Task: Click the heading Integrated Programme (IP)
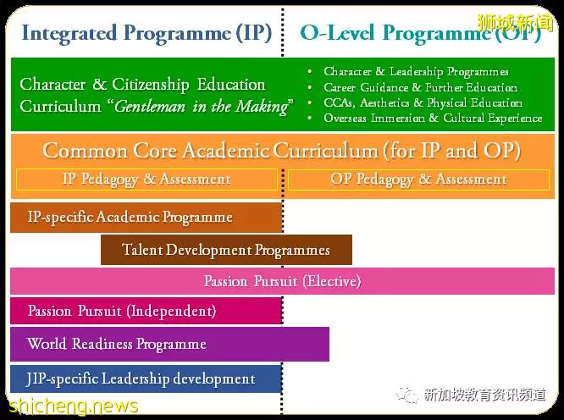coord(147,34)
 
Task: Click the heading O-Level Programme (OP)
coord(420,34)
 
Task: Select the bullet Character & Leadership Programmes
coord(416,72)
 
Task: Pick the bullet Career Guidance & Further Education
coord(421,87)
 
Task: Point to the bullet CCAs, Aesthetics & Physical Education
coord(423,102)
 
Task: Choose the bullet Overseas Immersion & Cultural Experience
coord(433,118)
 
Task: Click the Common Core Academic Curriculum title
coord(282,151)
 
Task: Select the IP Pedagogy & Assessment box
coord(147,180)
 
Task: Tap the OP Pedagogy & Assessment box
coord(418,180)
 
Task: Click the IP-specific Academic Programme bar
coord(146,218)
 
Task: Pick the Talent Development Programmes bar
coord(226,250)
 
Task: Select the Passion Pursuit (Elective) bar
coord(282,281)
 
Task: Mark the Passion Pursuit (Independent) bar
coord(146,311)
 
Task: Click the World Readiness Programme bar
coord(169,344)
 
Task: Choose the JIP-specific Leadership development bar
coord(146,379)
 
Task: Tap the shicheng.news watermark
coord(74,406)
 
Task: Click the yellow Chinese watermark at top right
coord(515,23)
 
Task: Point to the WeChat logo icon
coord(406,395)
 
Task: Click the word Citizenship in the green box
coord(151,85)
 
